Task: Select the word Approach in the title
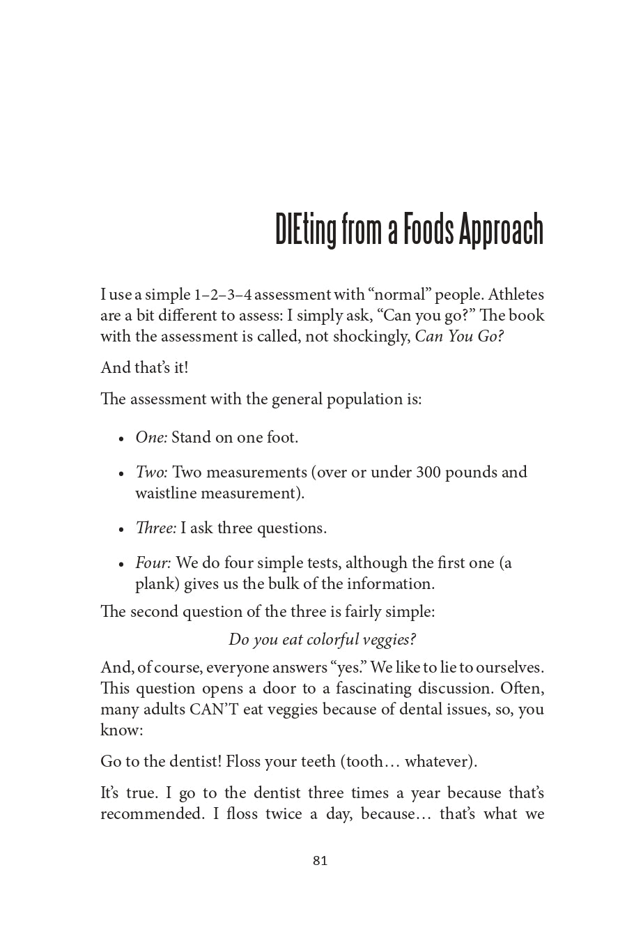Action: coord(500,230)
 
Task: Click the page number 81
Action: coord(320,861)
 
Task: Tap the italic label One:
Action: coord(151,438)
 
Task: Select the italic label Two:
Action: coord(151,473)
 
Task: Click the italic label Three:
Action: coord(156,528)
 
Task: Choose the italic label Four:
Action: coord(153,563)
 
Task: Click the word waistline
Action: coord(166,494)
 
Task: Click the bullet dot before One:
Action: coord(121,439)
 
